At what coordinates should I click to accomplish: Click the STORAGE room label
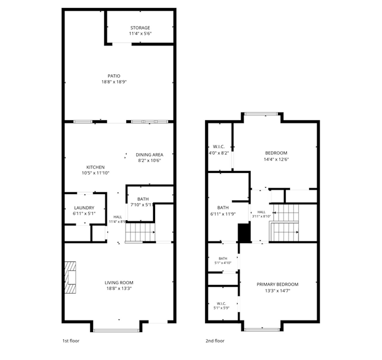[140, 28]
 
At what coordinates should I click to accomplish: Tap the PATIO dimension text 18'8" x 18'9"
[114, 82]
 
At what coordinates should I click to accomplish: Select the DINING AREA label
[149, 155]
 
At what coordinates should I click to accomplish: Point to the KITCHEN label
[95, 167]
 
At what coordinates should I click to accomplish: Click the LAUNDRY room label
[84, 208]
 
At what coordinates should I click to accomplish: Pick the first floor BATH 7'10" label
[143, 199]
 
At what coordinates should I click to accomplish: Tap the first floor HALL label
[118, 217]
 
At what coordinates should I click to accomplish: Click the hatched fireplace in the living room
[70, 277]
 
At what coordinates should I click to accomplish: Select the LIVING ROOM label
[119, 283]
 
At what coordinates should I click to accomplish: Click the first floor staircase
[140, 232]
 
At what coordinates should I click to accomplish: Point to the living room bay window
[116, 330]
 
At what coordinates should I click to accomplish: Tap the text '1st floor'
[71, 341]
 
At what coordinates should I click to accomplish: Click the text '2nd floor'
[215, 341]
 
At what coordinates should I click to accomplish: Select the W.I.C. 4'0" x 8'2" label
[218, 146]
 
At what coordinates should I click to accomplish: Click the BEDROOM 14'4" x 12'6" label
[276, 153]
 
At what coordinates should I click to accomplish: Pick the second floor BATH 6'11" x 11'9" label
[223, 207]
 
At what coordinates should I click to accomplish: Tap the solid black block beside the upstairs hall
[244, 233]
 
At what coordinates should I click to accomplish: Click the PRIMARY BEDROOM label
[278, 284]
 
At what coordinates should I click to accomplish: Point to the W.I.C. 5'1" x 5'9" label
[221, 303]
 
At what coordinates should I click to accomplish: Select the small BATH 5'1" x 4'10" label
[223, 258]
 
